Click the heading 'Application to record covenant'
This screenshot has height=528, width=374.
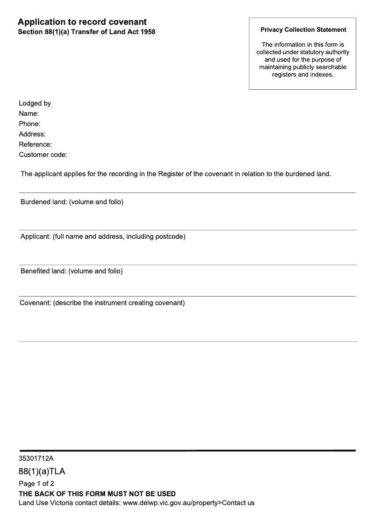(82, 22)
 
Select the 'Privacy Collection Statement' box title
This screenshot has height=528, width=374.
(303, 29)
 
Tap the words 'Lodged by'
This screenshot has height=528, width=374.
(35, 103)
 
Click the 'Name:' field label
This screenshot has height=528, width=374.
(29, 114)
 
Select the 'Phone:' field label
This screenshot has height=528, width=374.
(29, 124)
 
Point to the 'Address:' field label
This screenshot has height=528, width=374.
(32, 134)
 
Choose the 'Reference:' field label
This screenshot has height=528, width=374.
(35, 144)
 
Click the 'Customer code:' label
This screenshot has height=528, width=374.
(43, 155)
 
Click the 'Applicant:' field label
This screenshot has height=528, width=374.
(36, 236)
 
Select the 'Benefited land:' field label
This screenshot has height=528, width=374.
(43, 271)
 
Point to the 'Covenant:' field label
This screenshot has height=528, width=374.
(35, 303)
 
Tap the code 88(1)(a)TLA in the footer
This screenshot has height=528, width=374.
(42, 471)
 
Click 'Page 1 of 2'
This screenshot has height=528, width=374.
(36, 484)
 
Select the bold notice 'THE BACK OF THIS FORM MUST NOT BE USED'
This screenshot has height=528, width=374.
(97, 493)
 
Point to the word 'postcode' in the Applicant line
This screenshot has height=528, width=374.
(170, 236)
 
